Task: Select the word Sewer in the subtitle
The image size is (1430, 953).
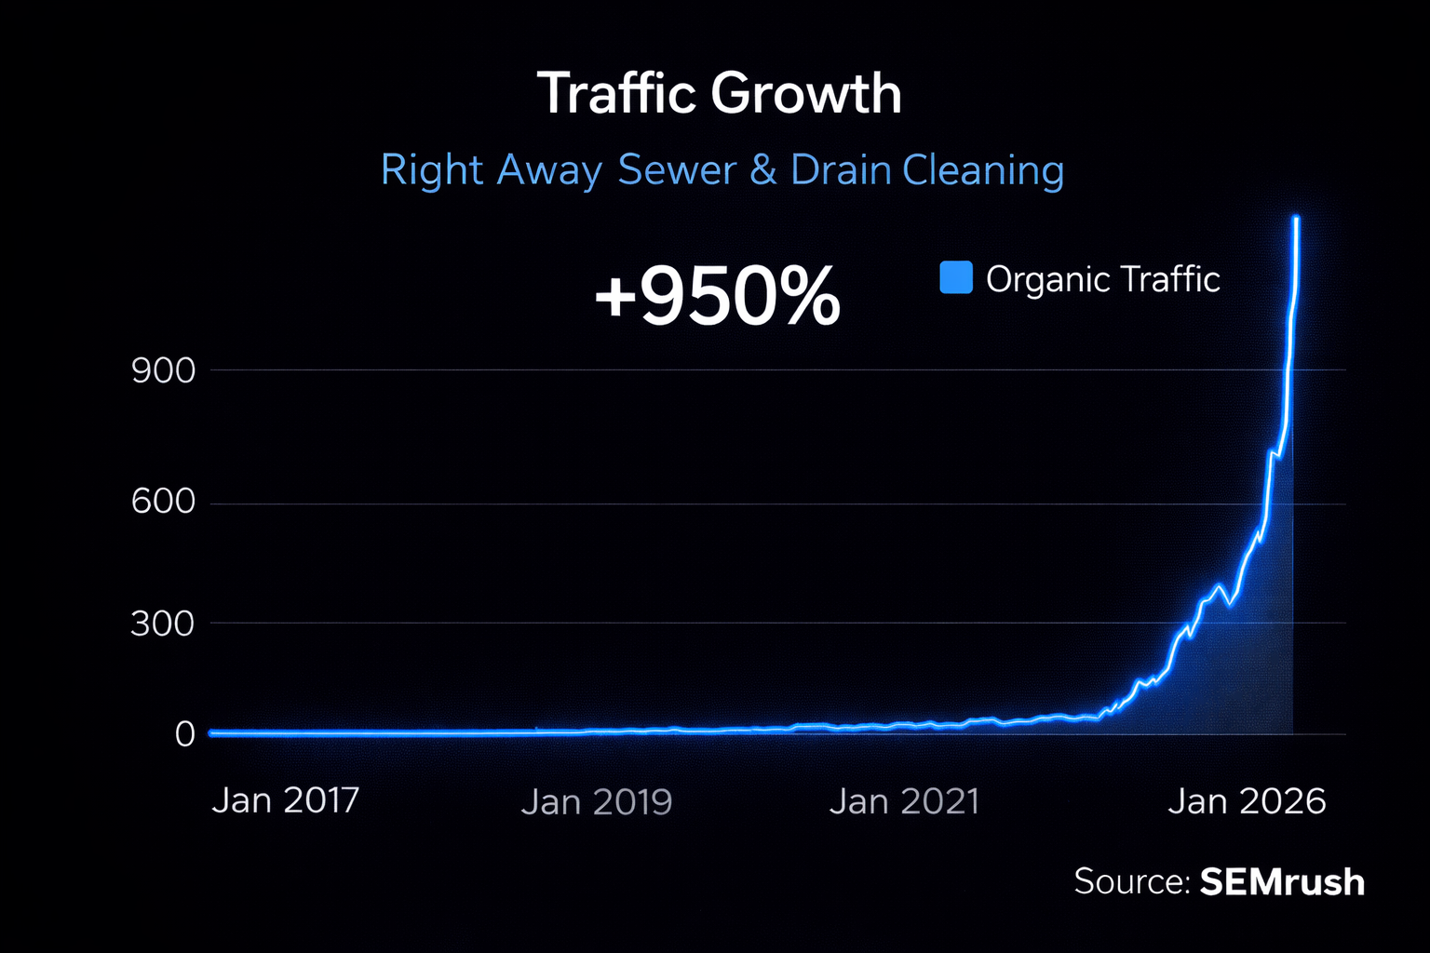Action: tap(677, 170)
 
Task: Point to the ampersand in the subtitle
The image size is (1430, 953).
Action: tap(763, 170)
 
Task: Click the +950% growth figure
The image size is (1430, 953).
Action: tap(717, 297)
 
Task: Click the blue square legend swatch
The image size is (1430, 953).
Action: tap(956, 277)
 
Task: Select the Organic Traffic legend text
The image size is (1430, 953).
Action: tap(1102, 279)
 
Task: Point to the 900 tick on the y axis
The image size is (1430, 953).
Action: tap(164, 371)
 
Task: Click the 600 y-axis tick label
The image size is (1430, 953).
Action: tap(164, 503)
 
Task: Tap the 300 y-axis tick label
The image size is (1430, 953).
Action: tap(163, 624)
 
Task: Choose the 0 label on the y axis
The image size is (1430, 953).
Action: tap(185, 734)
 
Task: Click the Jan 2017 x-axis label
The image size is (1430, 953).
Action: tap(285, 800)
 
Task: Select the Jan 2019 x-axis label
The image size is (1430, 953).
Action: tap(596, 802)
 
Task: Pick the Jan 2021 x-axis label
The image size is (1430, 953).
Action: tap(904, 802)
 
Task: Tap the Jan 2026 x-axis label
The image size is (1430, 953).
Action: tap(1247, 801)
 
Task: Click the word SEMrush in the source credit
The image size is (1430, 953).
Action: tap(1282, 881)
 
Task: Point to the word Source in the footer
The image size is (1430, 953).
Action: tap(1130, 881)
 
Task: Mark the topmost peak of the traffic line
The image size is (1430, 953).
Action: tap(1296, 218)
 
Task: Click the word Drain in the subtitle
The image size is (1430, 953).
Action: tap(840, 170)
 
